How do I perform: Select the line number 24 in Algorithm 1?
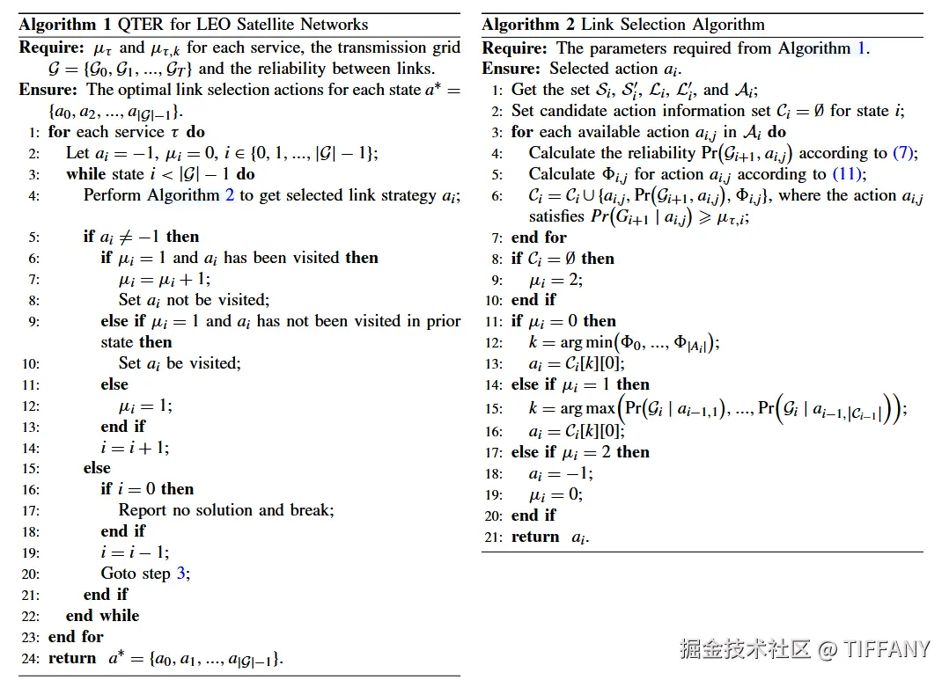[34, 658]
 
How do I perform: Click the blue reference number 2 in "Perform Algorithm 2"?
[230, 195]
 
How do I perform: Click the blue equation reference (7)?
[904, 153]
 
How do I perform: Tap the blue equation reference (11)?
[850, 174]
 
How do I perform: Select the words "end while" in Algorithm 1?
[102, 616]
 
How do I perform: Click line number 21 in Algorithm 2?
[497, 537]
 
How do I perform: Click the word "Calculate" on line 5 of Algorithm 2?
[562, 174]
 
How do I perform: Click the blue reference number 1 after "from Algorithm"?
[862, 48]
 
